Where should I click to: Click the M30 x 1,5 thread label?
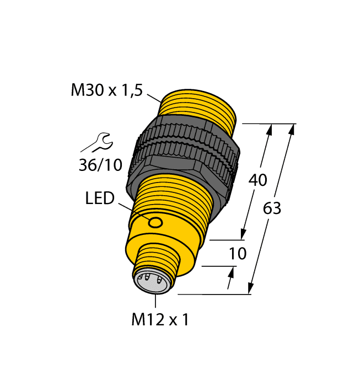[x=106, y=90]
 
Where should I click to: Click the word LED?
[x=100, y=198]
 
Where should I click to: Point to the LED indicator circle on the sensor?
[x=156, y=222]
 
